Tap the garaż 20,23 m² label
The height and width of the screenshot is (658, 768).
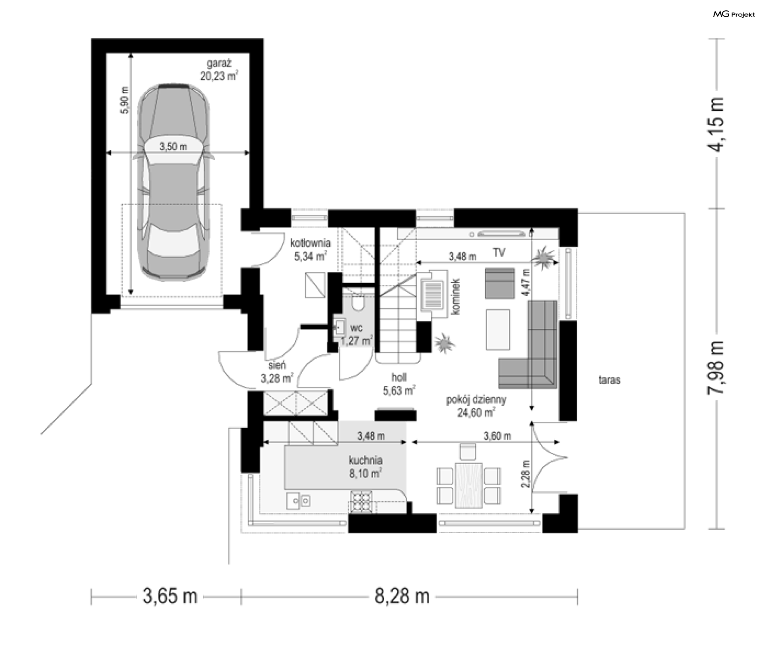coord(219,70)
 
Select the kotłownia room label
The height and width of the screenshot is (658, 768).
coord(310,243)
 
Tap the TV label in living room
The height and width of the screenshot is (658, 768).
coord(499,252)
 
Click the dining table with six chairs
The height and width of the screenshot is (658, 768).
coord(468,479)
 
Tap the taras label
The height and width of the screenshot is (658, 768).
coord(609,380)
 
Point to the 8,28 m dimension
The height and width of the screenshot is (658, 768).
coord(402,597)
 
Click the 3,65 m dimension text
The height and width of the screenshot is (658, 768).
coord(170,597)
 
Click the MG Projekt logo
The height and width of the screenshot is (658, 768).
coord(734,14)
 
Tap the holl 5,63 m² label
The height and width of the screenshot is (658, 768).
coord(399,384)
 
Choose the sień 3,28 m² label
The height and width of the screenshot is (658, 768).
coord(277,371)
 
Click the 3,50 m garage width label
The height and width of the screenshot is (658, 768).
coord(173,147)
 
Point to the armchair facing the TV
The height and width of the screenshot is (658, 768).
coord(500,283)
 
